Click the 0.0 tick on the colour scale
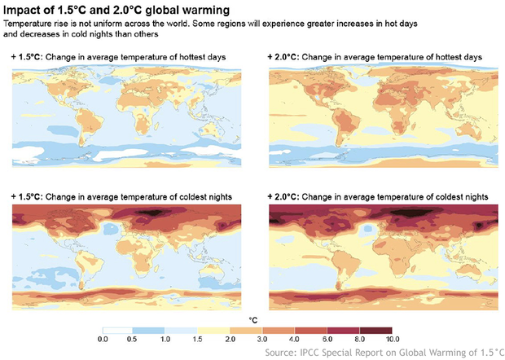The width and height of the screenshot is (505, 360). point(103,338)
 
